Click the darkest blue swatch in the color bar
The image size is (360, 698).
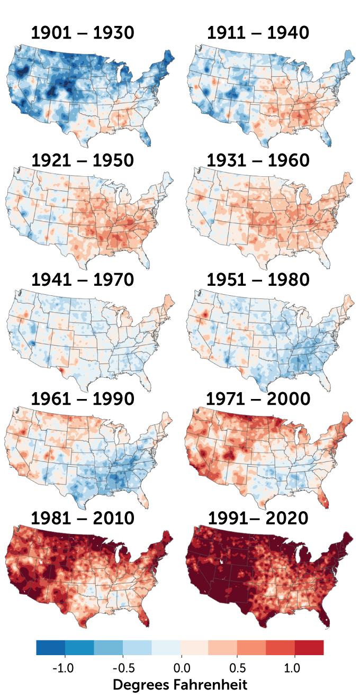(x=50, y=647)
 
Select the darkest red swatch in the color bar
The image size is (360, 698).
(x=309, y=647)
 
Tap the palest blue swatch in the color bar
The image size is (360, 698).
(x=166, y=647)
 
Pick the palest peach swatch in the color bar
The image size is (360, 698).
(x=194, y=647)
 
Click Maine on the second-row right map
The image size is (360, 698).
(x=348, y=179)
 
